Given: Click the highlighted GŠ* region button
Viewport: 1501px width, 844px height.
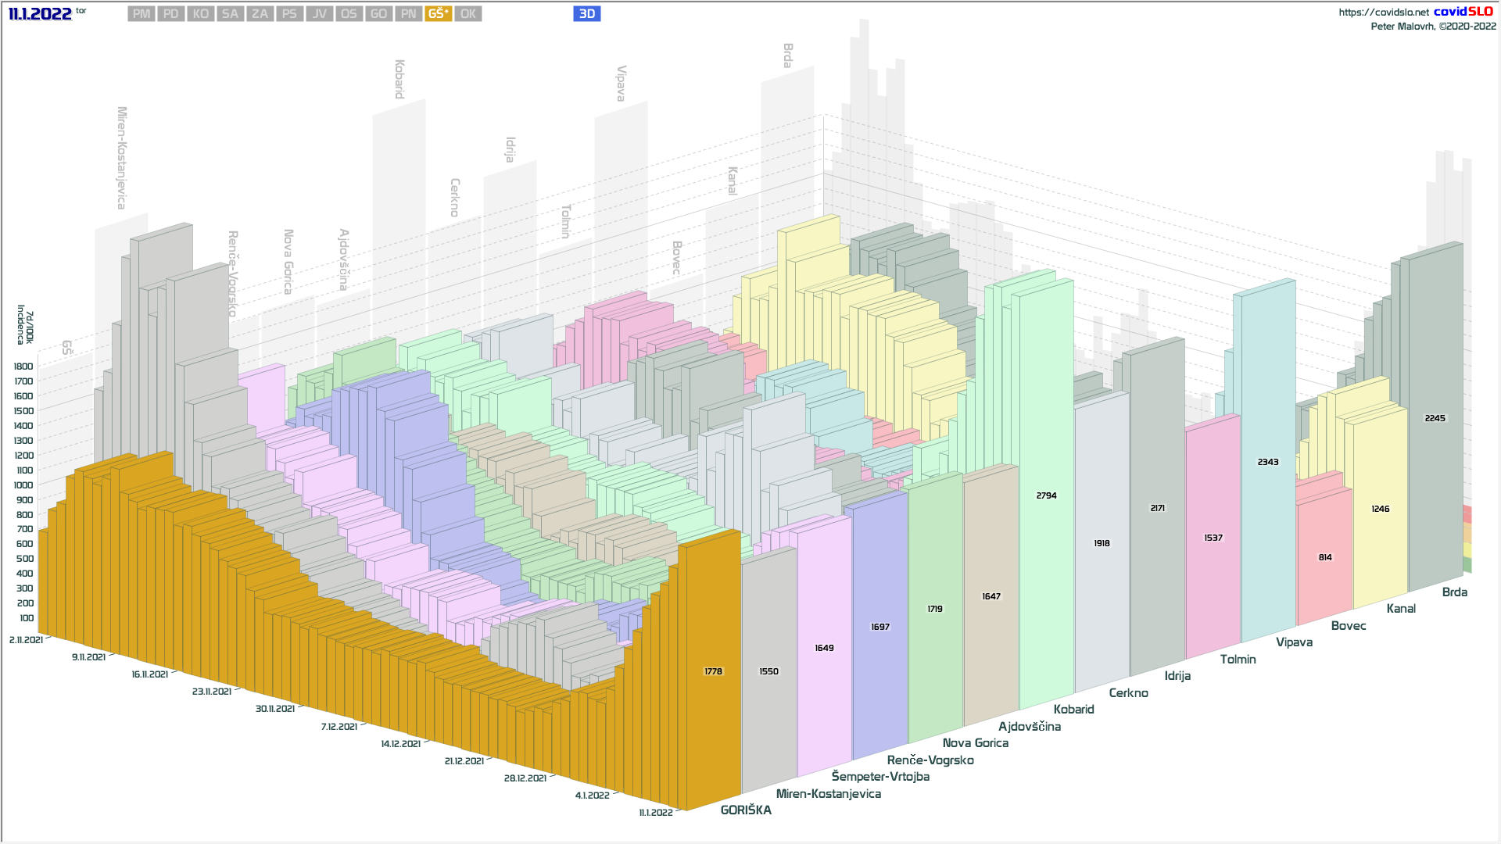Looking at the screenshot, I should point(438,14).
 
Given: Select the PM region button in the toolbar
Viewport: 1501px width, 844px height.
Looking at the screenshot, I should point(142,14).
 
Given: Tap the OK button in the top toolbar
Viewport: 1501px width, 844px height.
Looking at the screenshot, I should point(467,14).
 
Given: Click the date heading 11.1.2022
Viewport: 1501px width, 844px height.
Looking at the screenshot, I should point(40,13).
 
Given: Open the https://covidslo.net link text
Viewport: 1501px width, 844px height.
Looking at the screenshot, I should point(1383,13).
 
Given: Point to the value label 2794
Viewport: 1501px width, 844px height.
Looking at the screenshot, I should point(1046,495).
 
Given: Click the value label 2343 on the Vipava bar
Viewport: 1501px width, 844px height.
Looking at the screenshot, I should point(1268,462).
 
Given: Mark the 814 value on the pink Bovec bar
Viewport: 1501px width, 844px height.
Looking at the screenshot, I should point(1325,557).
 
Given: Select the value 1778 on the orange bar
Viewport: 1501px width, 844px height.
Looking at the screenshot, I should point(713,671).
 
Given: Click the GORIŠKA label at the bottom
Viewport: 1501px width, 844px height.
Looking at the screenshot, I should point(746,810).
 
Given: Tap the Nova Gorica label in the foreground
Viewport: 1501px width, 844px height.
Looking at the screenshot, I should point(975,743).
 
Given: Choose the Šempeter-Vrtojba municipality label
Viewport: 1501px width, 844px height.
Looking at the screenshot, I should point(880,777).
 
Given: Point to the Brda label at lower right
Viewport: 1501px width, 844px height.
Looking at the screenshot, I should point(1454,592).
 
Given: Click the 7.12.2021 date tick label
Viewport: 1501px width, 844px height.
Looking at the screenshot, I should point(339,727).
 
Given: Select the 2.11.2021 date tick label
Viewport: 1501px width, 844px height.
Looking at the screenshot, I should point(26,640).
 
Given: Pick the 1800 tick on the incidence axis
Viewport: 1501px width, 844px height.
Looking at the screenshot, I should point(23,367).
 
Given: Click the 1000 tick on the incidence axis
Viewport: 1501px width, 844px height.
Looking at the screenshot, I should point(23,485).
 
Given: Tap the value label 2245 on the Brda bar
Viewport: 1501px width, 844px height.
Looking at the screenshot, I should point(1435,418).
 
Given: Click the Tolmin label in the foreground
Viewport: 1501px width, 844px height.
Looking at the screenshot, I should point(1238,660).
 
